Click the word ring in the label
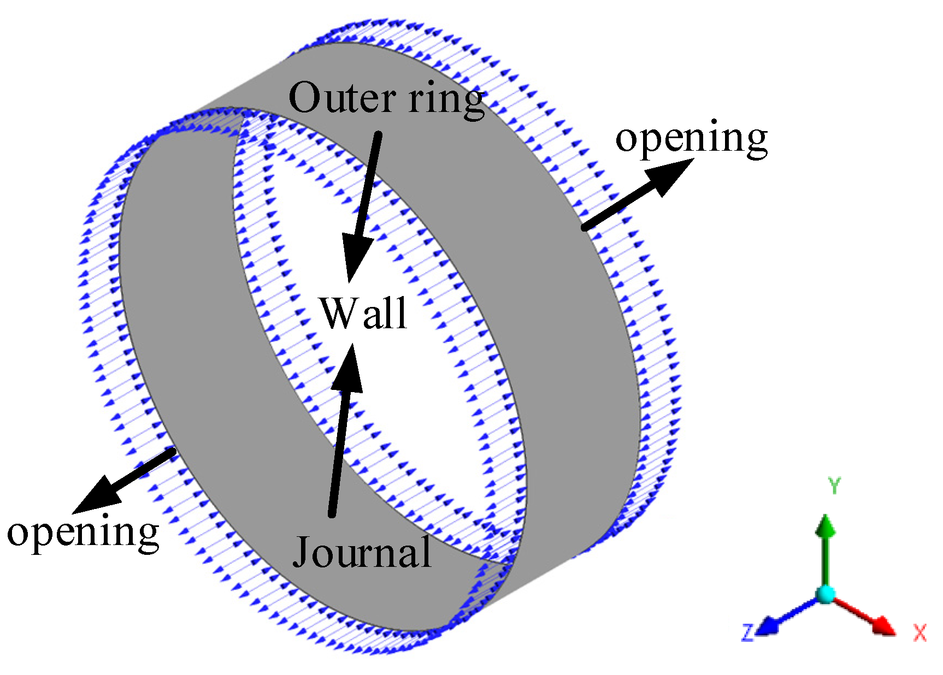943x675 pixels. pos(447,99)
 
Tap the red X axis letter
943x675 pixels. pos(920,633)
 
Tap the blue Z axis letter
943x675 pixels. pos(747,632)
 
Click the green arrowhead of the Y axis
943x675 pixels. pos(826,525)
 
